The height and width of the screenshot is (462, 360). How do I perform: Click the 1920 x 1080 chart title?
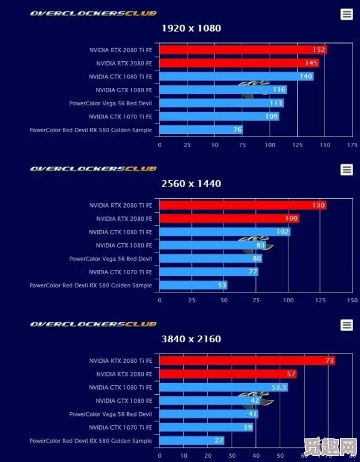click(x=191, y=28)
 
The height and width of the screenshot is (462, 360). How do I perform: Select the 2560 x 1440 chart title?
click(x=191, y=184)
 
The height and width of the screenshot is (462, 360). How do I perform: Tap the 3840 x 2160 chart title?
click(x=191, y=339)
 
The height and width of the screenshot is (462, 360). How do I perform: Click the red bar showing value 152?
click(x=243, y=50)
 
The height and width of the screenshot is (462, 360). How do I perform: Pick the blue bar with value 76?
click(x=201, y=130)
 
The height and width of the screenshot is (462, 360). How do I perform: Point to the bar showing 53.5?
click(x=224, y=387)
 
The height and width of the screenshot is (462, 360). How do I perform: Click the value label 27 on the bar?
click(x=219, y=441)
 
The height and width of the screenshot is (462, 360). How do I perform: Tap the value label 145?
click(x=311, y=63)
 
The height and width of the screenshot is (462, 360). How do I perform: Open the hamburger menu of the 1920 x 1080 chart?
click(x=347, y=14)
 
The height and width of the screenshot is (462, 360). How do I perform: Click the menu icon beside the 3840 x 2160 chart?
click(x=347, y=325)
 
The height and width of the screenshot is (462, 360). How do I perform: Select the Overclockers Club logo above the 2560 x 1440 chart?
click(x=93, y=168)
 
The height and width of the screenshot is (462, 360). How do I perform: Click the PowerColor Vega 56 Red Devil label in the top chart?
click(x=110, y=103)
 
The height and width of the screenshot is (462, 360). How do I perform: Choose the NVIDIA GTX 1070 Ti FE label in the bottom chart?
click(x=120, y=427)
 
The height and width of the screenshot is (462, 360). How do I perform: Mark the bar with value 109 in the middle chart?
click(x=229, y=219)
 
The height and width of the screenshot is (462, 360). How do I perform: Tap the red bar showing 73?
click(x=247, y=360)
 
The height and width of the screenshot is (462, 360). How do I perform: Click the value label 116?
click(x=279, y=90)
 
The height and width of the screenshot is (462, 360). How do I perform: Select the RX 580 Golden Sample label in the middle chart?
click(x=90, y=285)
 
